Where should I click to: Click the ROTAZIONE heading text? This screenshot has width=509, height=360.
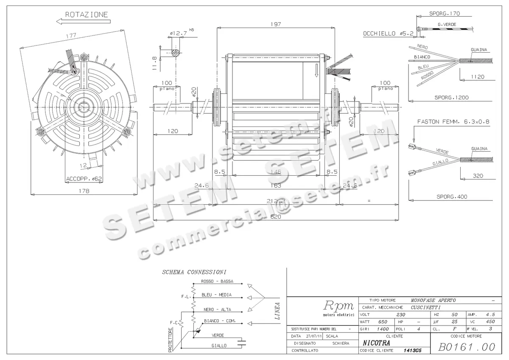[x=87, y=14]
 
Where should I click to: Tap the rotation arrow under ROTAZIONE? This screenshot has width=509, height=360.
[x=83, y=21]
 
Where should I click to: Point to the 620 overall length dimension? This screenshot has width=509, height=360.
[x=276, y=217]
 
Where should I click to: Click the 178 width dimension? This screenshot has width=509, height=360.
[x=84, y=191]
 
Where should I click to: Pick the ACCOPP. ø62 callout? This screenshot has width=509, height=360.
[x=84, y=179]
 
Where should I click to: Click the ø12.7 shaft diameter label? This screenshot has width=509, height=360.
[x=178, y=33]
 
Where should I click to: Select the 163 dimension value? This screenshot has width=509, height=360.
[x=276, y=186]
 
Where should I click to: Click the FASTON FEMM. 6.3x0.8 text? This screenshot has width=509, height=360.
[x=453, y=121]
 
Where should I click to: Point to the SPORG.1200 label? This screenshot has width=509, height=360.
[x=451, y=97]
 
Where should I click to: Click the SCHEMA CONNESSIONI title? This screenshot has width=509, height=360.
[x=194, y=272]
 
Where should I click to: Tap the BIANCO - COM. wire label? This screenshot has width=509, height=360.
[x=220, y=321]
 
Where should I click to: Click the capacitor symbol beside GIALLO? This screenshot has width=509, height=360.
[x=242, y=342]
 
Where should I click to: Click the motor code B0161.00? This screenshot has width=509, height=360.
[x=467, y=346]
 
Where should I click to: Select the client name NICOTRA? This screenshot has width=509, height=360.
[x=376, y=343]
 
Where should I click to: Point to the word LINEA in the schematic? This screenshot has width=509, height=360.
[x=277, y=310]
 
